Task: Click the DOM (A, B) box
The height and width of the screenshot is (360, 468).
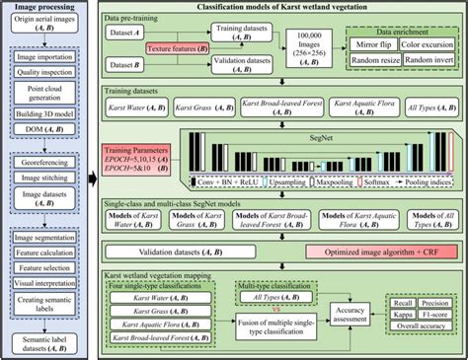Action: click(45, 146)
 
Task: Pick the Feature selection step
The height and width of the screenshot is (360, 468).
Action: click(45, 267)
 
